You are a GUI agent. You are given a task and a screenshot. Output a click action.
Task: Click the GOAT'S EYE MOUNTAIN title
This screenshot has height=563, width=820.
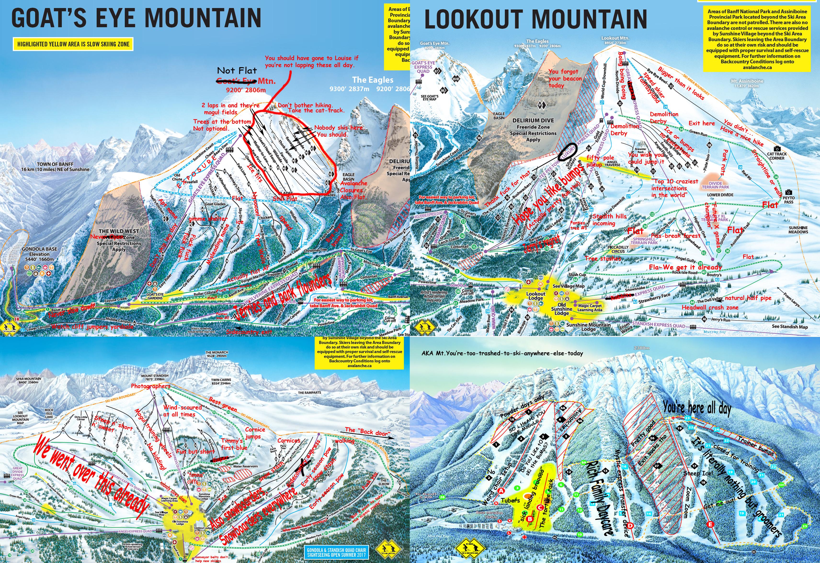(x=136, y=18)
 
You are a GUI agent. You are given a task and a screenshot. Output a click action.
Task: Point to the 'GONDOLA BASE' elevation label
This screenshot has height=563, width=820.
(x=39, y=254)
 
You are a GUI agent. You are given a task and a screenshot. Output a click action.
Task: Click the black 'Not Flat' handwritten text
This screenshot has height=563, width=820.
(x=237, y=70)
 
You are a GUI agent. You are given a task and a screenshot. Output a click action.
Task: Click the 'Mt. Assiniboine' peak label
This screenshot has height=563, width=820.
(x=747, y=83)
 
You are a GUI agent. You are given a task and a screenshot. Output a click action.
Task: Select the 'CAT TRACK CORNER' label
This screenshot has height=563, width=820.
(x=777, y=156)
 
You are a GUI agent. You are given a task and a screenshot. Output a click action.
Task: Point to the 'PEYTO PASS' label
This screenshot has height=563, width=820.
(x=789, y=200)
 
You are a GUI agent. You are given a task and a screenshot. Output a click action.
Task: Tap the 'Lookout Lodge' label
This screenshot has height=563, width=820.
(x=536, y=296)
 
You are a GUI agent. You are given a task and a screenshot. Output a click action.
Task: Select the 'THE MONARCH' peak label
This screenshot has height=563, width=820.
(x=217, y=354)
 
